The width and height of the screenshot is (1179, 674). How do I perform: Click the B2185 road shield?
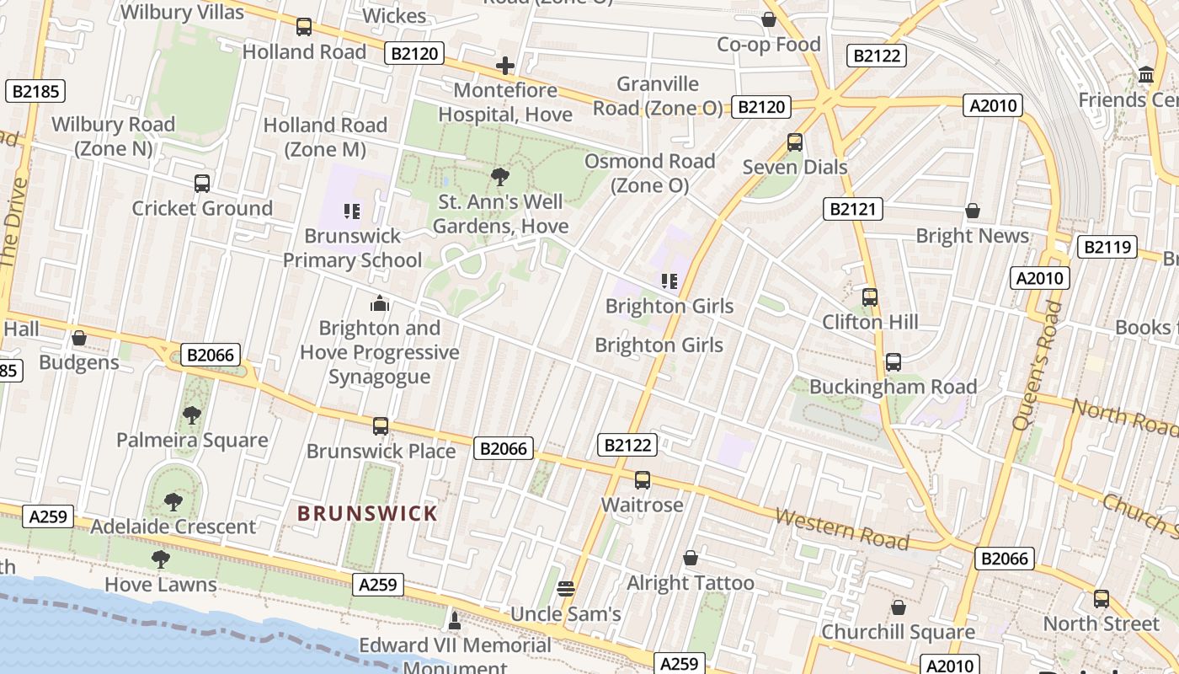pos(35,91)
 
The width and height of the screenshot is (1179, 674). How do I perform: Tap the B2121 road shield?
pos(852,209)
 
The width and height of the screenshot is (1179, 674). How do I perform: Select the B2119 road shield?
pos(1107,247)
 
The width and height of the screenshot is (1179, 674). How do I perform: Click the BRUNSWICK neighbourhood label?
pos(367,513)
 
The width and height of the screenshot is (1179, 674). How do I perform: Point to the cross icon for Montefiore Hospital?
pos(504,66)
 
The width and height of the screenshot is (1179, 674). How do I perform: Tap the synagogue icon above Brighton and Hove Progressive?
pos(380,303)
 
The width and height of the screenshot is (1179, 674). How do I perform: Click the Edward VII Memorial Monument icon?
pos(455,622)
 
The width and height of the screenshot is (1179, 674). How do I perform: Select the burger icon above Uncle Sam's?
pos(566,589)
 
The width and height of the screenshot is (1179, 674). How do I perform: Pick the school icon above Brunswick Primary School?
pos(352,211)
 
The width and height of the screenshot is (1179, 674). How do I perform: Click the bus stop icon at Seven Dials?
pos(794,142)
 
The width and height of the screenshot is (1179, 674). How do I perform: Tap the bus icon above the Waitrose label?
pos(643,480)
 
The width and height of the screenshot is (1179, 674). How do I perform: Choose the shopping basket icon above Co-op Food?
pos(768,19)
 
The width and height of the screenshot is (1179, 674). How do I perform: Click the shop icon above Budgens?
pos(79,338)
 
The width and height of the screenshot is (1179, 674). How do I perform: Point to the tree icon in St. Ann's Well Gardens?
pos(500,177)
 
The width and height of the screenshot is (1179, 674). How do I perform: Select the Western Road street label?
pos(841,528)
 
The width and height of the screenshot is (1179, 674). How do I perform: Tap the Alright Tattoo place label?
pos(691,582)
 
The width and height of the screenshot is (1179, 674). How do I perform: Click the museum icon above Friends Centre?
pos(1145,75)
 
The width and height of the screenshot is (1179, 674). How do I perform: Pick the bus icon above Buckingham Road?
pos(893,362)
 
